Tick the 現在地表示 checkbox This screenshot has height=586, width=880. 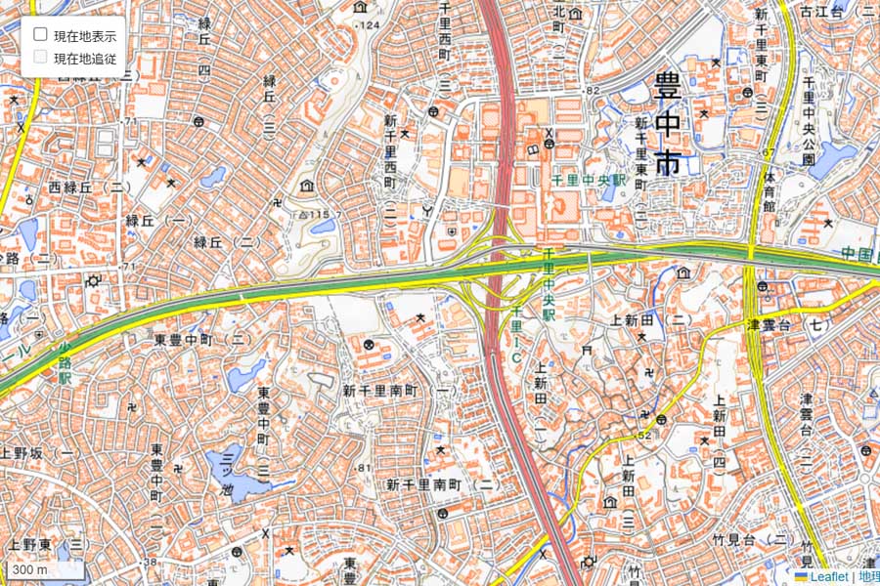tap(41, 34)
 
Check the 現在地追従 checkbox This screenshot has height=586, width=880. tap(41, 57)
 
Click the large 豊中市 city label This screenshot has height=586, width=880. tap(669, 122)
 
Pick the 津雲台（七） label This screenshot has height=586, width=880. tap(788, 323)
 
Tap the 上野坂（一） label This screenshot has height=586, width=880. tap(40, 452)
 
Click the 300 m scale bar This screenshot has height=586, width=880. tap(30, 569)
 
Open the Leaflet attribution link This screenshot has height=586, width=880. tap(827, 577)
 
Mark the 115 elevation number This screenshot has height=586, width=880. tap(314, 213)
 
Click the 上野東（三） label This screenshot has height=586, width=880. tap(47, 543)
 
